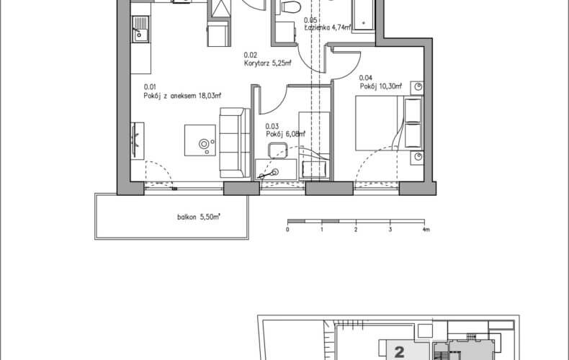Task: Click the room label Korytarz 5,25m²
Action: pyautogui.click(x=267, y=63)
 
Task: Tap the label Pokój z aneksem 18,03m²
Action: pyautogui.click(x=182, y=96)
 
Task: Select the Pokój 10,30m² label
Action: pyautogui.click(x=381, y=86)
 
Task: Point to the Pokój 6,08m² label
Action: pyautogui.click(x=285, y=134)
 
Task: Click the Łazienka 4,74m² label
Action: pyautogui.click(x=328, y=27)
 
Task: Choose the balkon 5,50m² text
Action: pyautogui.click(x=199, y=217)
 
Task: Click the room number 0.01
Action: pyautogui.click(x=150, y=87)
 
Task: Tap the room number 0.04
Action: pyautogui.click(x=366, y=78)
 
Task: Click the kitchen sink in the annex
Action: pyautogui.click(x=140, y=30)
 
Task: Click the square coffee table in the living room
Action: pyautogui.click(x=200, y=140)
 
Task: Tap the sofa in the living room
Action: pyautogui.click(x=234, y=143)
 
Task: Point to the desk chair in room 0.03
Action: pyautogui.click(x=277, y=150)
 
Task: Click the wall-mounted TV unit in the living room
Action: pyautogui.click(x=137, y=140)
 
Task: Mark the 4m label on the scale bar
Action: pyautogui.click(x=426, y=230)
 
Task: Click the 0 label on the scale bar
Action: pyautogui.click(x=287, y=230)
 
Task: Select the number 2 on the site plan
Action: pyautogui.click(x=399, y=351)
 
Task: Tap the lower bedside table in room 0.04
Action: pyautogui.click(x=417, y=158)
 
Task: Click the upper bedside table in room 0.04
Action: pyautogui.click(x=417, y=88)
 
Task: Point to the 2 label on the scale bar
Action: pyautogui.click(x=356, y=230)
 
